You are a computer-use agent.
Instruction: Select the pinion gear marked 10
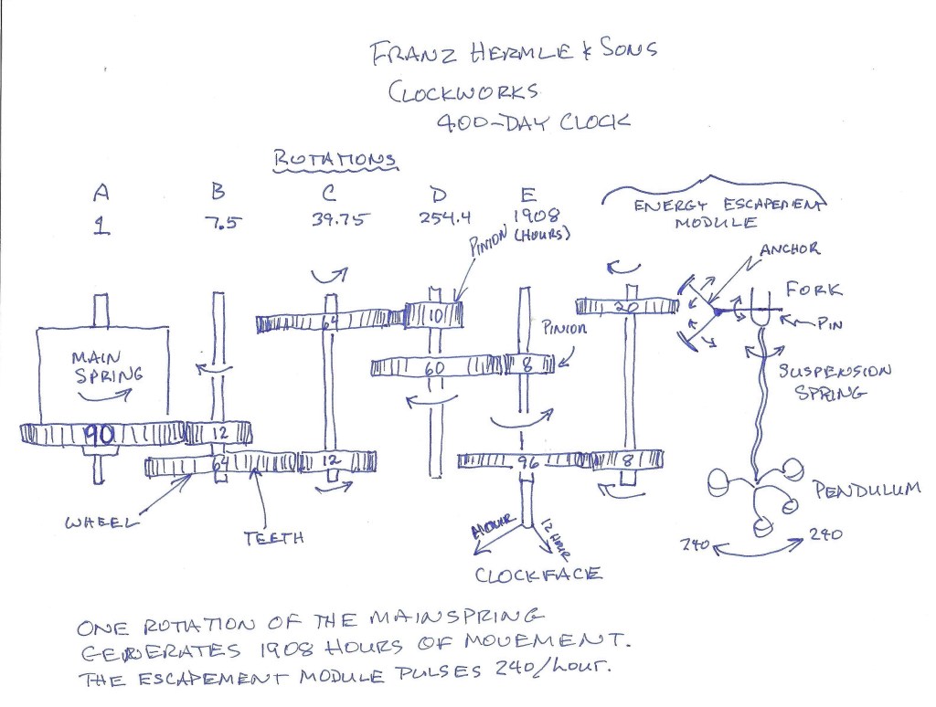pos(434,314)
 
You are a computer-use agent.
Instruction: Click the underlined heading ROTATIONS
pos(336,159)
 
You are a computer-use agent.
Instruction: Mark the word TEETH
pos(273,538)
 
